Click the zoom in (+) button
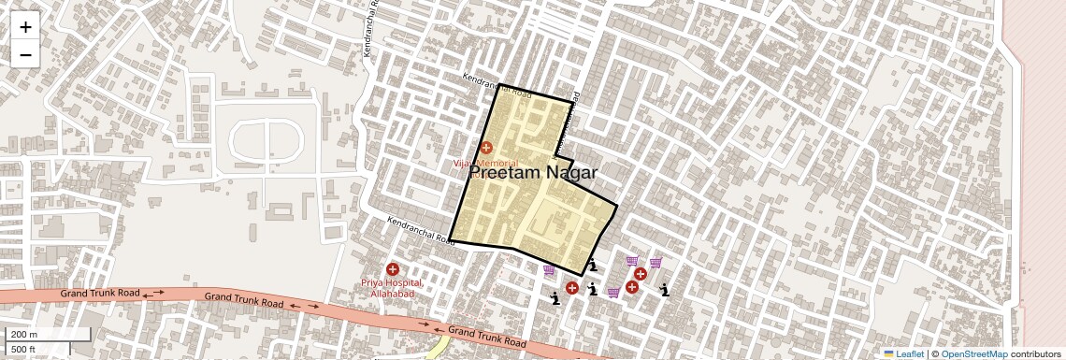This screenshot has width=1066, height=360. [25, 26]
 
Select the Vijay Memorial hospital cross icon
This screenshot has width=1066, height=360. [486, 147]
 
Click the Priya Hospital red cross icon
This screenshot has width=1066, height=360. [393, 269]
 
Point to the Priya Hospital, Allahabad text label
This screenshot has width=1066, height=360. [393, 288]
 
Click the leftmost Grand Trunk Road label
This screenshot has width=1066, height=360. [100, 294]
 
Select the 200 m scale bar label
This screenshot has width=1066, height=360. [23, 335]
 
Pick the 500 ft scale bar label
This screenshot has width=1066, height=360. [23, 350]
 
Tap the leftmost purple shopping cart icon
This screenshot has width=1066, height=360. [549, 270]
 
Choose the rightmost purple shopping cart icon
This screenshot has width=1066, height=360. [655, 263]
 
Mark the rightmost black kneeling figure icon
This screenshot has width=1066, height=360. [664, 289]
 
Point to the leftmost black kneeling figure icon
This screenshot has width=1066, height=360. [555, 298]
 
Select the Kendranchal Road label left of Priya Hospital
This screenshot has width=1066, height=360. [421, 231]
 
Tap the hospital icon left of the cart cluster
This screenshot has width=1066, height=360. [571, 288]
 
